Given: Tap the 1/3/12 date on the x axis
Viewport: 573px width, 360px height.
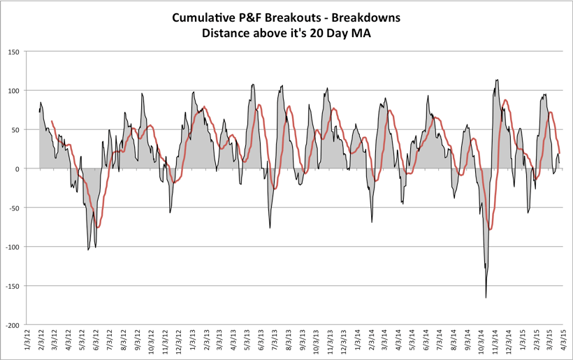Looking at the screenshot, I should click(x=27, y=343).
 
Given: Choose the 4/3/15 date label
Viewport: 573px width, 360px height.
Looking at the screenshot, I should click(x=566, y=343).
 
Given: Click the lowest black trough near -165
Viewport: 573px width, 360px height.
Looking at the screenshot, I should click(x=486, y=298).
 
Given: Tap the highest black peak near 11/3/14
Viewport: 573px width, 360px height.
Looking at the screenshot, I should click(x=497, y=80).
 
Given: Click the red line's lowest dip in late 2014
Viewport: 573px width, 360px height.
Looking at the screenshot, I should click(x=491, y=229).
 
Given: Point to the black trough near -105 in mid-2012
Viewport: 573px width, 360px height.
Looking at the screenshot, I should click(x=88, y=250).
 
